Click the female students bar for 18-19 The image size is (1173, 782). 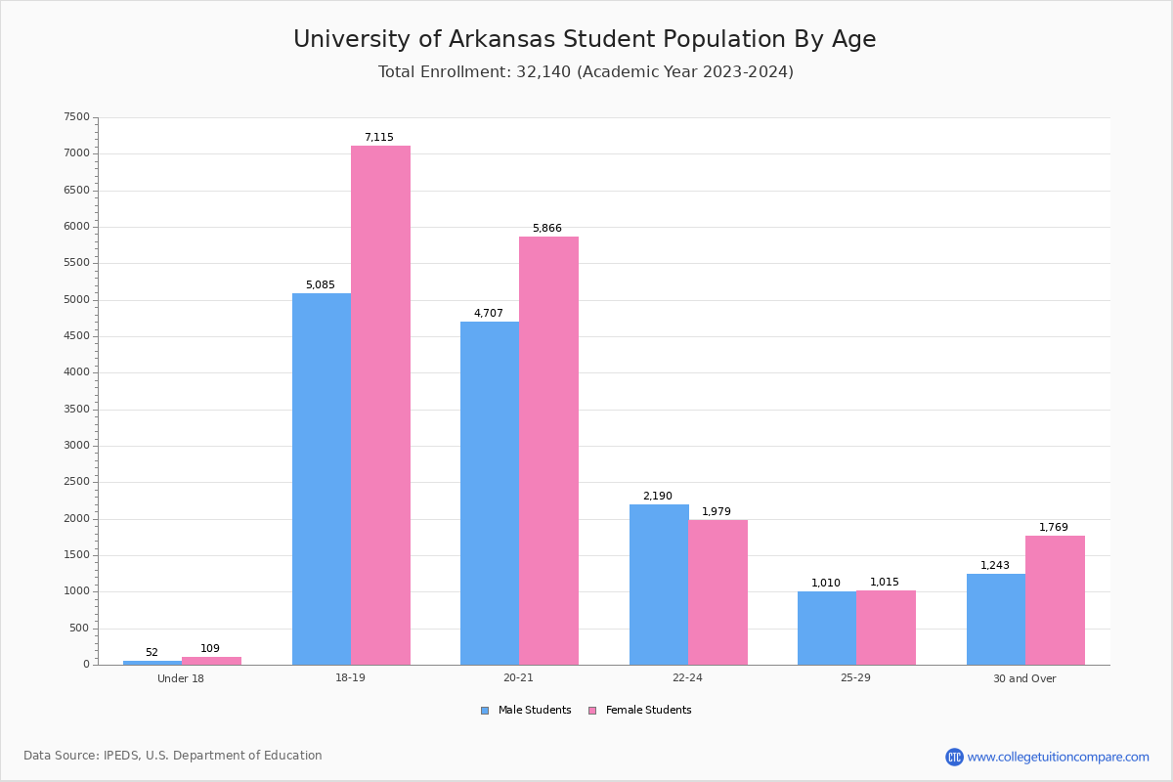coord(380,405)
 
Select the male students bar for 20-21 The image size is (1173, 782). coord(490,493)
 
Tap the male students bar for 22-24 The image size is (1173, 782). coord(659,585)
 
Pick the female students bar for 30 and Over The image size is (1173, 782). coord(1055,600)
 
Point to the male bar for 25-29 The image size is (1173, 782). coord(827,628)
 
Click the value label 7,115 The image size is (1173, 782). coord(379,138)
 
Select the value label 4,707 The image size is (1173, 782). coord(489,314)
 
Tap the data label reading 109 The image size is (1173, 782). coord(210,649)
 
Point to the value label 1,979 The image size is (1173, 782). coord(717,512)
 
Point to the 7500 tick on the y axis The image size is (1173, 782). coord(76,117)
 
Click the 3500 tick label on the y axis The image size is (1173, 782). coord(76,410)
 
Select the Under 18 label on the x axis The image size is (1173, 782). coord(181,679)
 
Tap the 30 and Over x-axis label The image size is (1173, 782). coord(1024,679)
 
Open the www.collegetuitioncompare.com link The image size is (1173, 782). coord(1058,758)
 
